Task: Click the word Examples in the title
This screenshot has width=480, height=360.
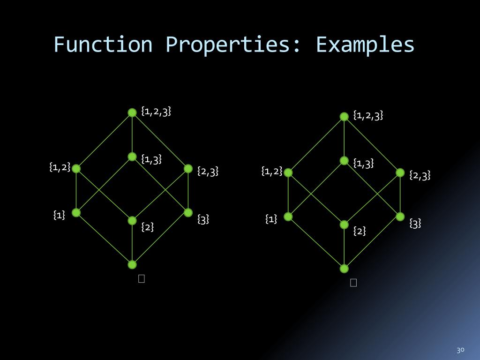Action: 365,45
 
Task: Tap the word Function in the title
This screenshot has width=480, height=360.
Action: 103,45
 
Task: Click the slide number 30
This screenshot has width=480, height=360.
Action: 460,350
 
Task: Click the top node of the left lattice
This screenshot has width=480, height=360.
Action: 132,112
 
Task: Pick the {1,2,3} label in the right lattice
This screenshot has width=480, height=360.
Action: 368,115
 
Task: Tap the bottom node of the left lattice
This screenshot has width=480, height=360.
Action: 132,264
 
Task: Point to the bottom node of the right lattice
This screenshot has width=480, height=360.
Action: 344,269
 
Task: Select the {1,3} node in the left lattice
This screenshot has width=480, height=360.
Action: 132,157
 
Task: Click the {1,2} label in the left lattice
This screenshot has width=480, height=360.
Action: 60,166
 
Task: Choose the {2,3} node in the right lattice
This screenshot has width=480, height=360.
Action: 400,172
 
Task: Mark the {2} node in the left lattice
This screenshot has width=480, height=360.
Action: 132,220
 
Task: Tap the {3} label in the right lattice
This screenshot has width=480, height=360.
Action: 415,223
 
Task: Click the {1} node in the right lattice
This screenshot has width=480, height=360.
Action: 288,217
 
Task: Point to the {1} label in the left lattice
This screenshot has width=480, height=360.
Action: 59,215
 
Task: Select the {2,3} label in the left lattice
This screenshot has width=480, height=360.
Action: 208,172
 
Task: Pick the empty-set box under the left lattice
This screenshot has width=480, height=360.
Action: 142,278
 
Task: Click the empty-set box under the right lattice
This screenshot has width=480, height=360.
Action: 353,282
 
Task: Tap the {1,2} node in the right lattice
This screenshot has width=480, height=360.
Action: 288,172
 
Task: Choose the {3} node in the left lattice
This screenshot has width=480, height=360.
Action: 188,213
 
